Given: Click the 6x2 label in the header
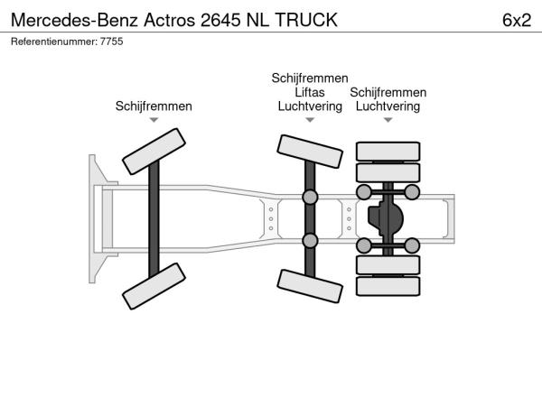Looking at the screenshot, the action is pyautogui.click(x=517, y=20).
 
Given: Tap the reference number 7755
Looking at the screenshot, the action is pyautogui.click(x=112, y=42).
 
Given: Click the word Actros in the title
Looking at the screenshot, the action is pyautogui.click(x=170, y=20).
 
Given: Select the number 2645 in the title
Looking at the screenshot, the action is pyautogui.click(x=220, y=20).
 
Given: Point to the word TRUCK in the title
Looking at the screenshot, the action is pyautogui.click(x=306, y=20).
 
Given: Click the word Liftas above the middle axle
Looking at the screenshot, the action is pyautogui.click(x=310, y=92).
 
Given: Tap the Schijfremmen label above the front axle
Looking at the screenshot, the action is pyautogui.click(x=154, y=106).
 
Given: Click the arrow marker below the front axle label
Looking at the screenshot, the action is pyautogui.click(x=154, y=120).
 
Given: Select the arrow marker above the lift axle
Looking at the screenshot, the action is pyautogui.click(x=310, y=120).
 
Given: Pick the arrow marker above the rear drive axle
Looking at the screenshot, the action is pyautogui.click(x=388, y=120).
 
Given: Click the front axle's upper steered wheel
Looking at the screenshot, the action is pyautogui.click(x=154, y=152).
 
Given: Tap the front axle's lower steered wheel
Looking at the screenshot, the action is pyautogui.click(x=154, y=286).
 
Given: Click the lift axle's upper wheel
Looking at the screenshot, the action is pyautogui.click(x=310, y=152).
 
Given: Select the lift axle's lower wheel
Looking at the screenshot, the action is pyautogui.click(x=310, y=286).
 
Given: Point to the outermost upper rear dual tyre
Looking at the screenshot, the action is pyautogui.click(x=388, y=152).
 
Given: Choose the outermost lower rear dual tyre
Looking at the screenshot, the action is pyautogui.click(x=388, y=286).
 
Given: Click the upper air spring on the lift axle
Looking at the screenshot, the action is pyautogui.click(x=310, y=197).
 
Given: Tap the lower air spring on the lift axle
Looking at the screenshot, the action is pyautogui.click(x=310, y=241).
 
